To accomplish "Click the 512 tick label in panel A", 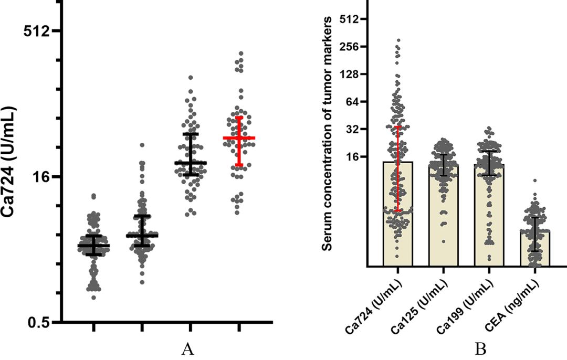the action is pos(39,31).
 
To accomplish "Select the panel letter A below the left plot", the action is pos(188,349).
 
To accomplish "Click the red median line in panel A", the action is pos(239,138).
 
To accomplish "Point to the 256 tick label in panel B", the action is pos(348,46).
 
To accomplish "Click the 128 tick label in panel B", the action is pos(348,74).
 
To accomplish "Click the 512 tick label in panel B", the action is pos(348,19).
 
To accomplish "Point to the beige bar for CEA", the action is pos(534,249).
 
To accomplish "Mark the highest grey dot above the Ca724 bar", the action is pos(398,40).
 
